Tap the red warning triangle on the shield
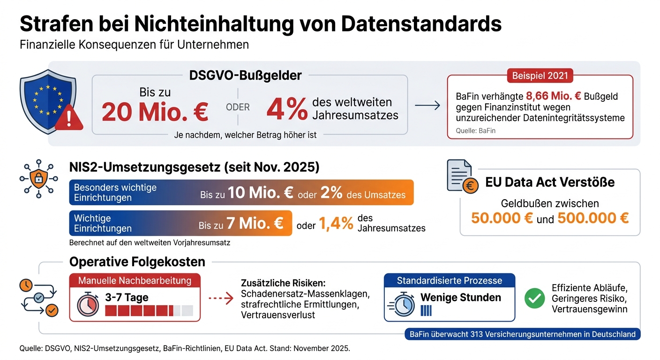(68, 119)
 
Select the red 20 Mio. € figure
(155, 113)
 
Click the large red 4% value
(286, 109)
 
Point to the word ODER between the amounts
(238, 107)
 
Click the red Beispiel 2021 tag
(540, 75)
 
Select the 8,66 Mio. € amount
(554, 97)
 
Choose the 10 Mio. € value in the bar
(261, 194)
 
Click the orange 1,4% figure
(336, 224)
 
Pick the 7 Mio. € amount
(255, 223)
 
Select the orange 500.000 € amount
(593, 218)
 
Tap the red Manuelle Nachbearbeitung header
(135, 281)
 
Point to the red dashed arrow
(220, 298)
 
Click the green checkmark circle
(534, 298)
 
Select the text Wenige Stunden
(460, 297)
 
